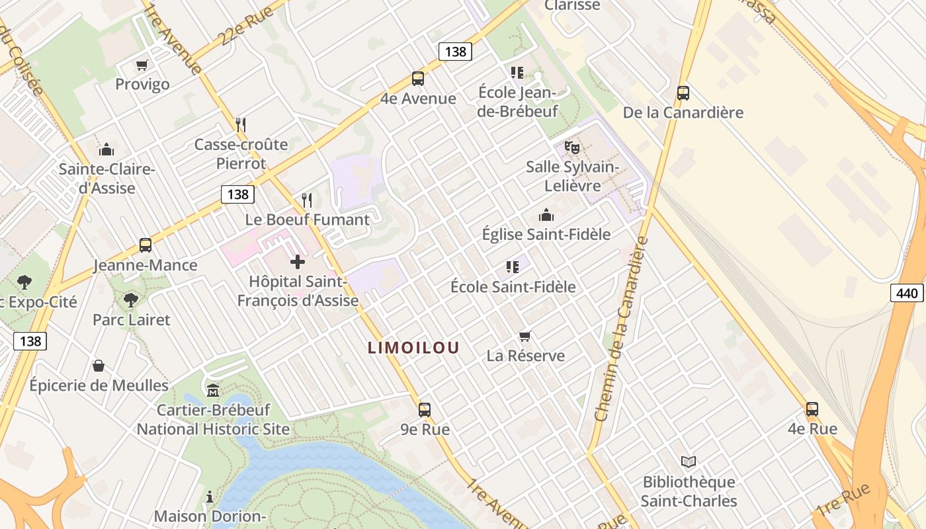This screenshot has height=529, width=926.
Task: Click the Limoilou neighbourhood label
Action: point(413,348)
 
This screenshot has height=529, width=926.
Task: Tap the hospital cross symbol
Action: point(298,262)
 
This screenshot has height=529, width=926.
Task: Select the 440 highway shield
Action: point(906,293)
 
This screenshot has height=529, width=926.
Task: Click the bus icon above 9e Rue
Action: point(425,409)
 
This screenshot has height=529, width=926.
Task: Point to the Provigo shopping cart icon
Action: point(142,65)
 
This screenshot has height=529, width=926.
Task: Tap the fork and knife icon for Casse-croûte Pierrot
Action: point(241,124)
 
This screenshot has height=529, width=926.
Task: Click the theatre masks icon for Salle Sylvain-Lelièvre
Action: point(571,147)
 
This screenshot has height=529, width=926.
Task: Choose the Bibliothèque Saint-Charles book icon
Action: point(689,462)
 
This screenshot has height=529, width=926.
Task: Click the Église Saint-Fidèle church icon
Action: point(546,215)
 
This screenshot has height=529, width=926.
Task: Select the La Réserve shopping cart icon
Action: point(525,336)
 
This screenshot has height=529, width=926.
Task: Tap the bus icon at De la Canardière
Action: point(683,93)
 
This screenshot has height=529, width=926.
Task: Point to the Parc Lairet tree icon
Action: point(131,300)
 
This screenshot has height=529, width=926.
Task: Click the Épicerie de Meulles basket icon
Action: point(99,366)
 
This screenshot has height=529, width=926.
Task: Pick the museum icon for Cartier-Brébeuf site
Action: point(213,390)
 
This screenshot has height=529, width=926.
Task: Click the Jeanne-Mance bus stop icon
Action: point(146,245)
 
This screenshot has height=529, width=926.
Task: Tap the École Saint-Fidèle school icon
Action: point(513,267)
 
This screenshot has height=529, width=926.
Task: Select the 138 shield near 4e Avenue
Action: point(455,52)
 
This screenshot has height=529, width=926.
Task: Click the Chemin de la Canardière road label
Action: point(620,331)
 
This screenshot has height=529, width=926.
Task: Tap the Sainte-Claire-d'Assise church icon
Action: point(106,150)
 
